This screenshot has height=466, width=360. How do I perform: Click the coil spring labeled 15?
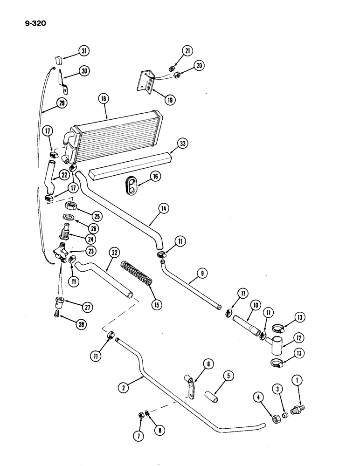point(138,277)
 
